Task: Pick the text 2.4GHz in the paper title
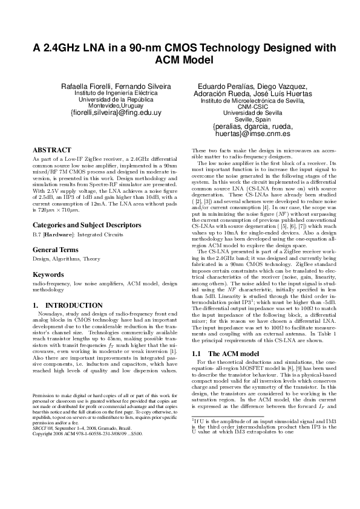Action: click(x=62, y=48)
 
